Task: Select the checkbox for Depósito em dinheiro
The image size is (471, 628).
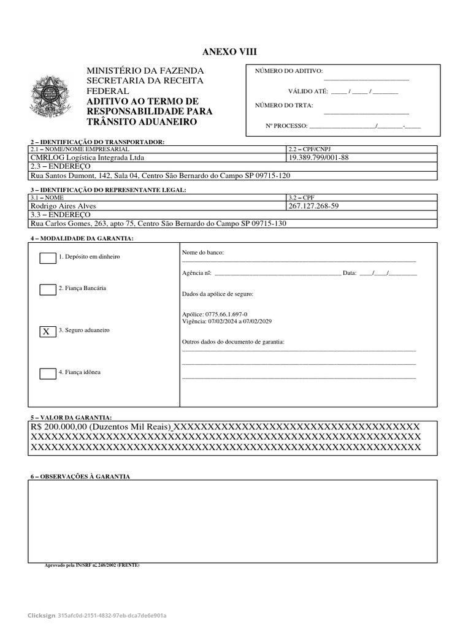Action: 48,258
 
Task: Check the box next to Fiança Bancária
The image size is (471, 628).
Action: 48,289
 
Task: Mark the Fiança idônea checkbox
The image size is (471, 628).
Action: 48,373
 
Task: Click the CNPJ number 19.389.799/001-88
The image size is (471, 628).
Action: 318,158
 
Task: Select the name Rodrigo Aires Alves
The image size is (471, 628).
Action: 63,207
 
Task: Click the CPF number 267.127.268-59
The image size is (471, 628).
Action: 313,207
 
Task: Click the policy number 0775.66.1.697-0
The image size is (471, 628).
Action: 215,314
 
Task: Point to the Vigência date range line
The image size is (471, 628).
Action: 227,321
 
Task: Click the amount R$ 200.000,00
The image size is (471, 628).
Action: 59,427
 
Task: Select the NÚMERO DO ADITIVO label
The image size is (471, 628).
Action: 288,72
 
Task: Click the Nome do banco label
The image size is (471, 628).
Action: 203,253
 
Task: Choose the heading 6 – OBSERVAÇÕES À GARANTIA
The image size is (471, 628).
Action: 80,477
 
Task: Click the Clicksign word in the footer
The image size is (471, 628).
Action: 40,615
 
